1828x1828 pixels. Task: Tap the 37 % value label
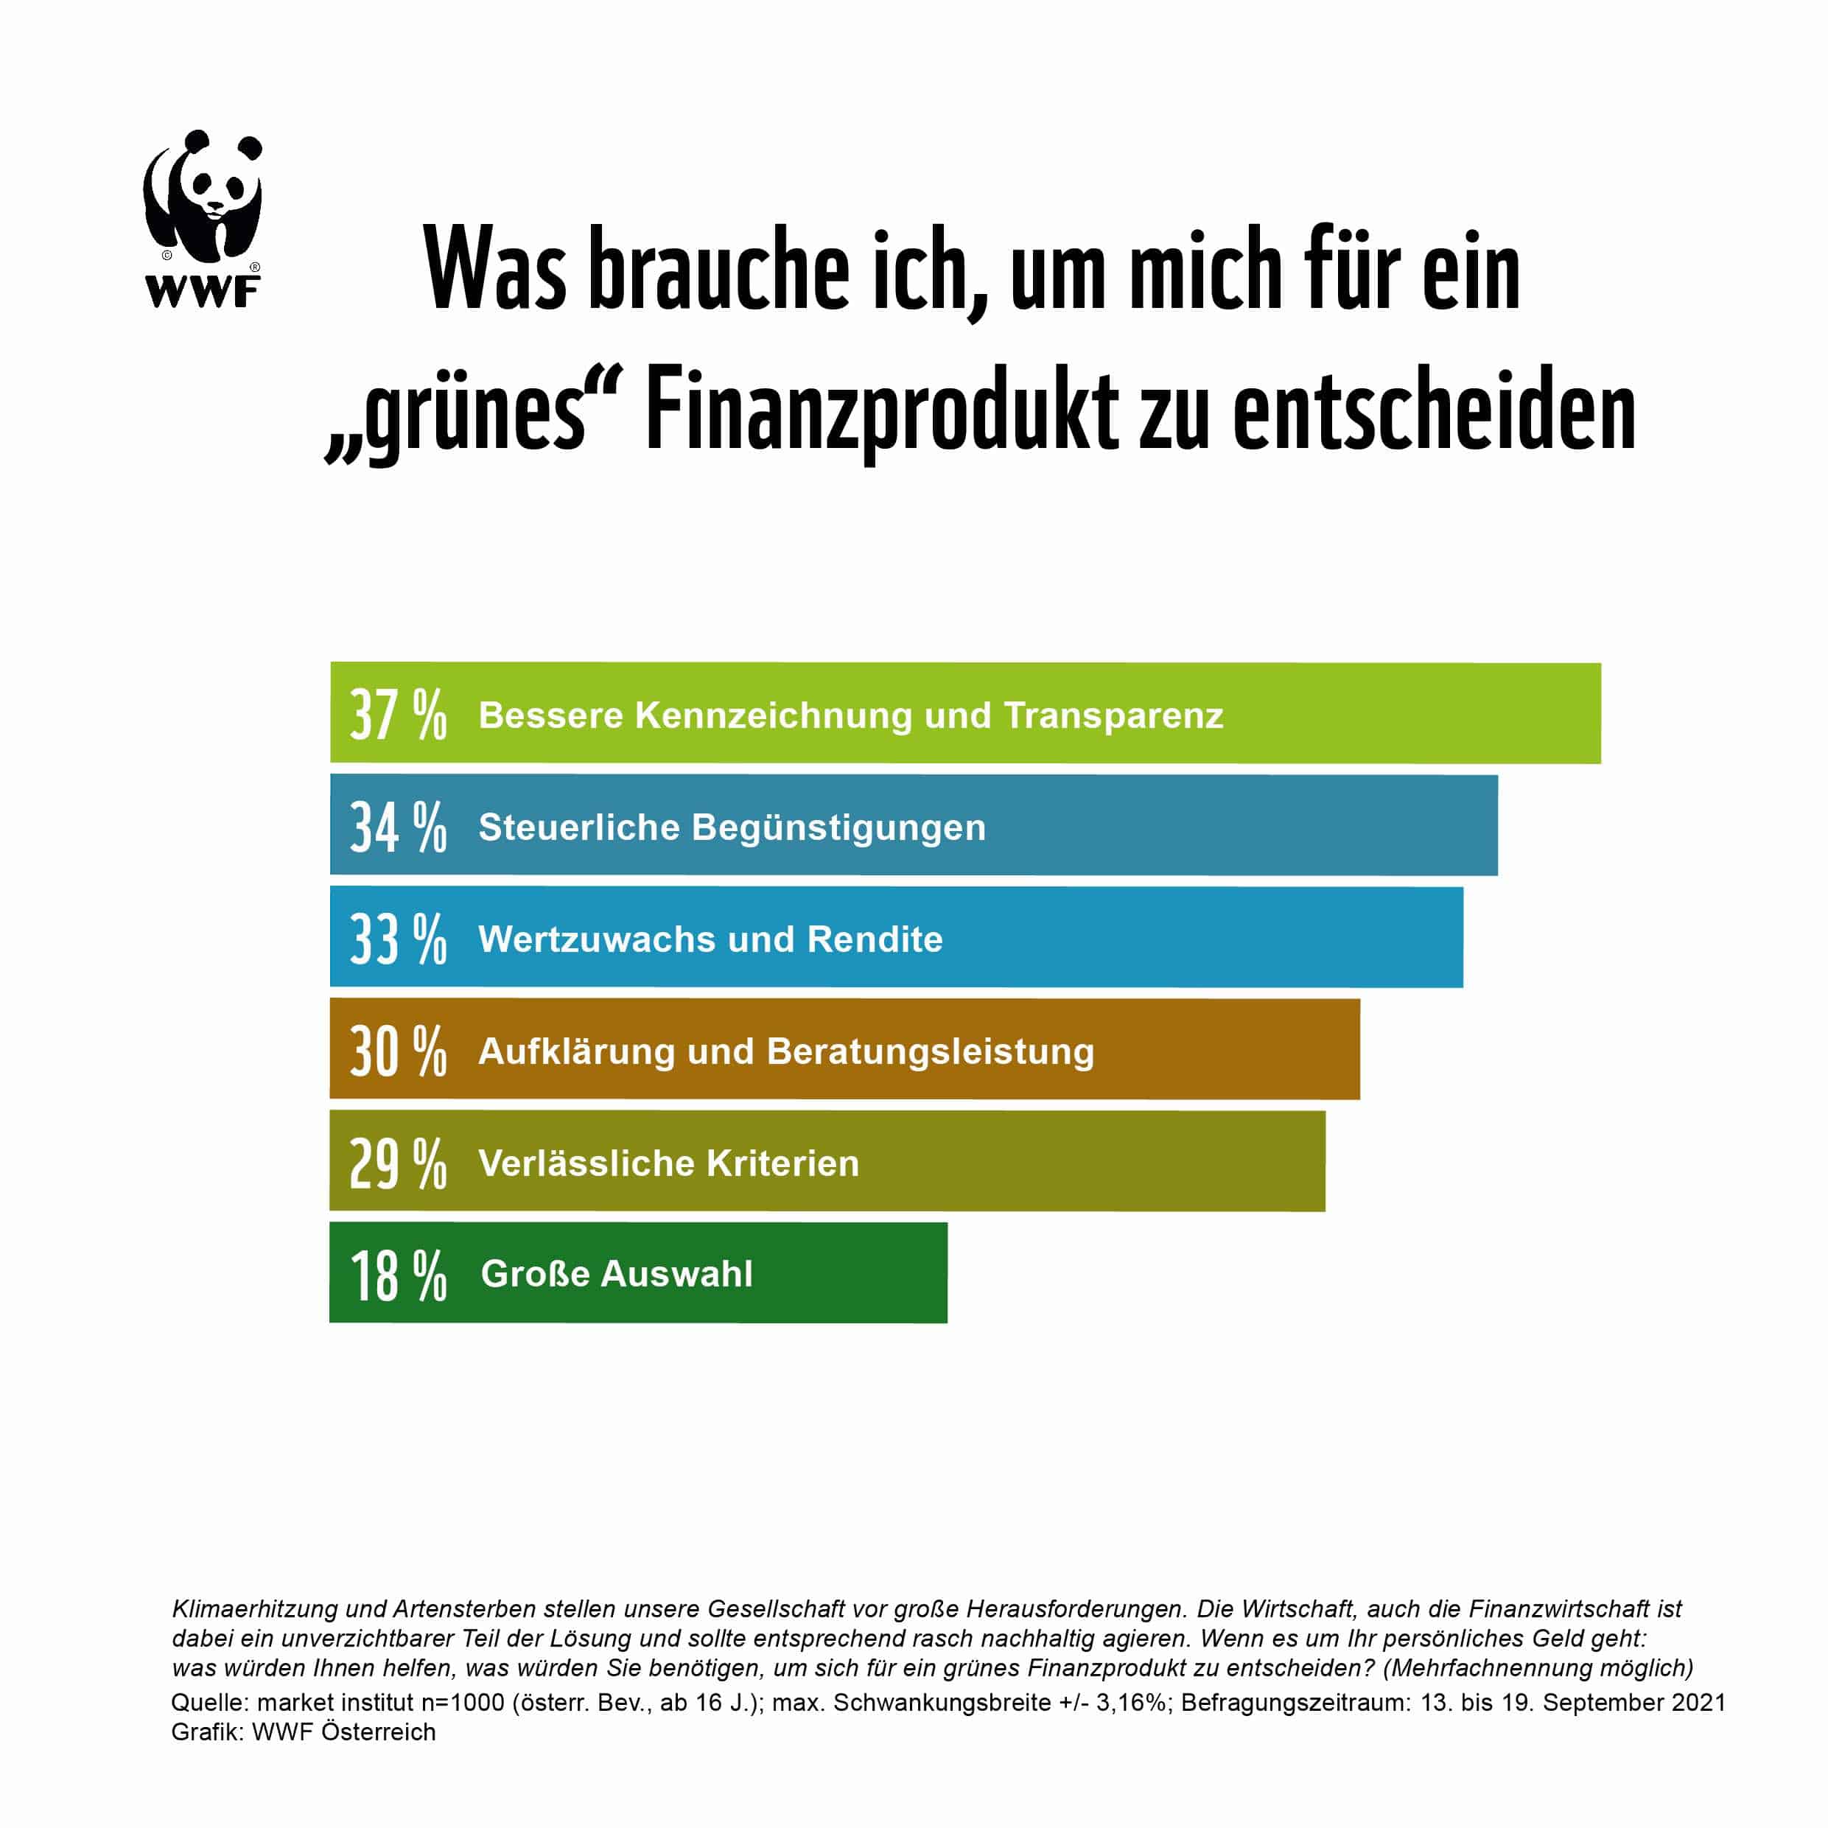click(397, 715)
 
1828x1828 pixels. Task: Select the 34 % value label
click(397, 826)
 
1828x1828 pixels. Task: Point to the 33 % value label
click(397, 939)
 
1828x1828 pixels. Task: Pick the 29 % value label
click(397, 1163)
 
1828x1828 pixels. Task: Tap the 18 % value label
click(397, 1275)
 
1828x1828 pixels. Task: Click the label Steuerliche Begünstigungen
click(732, 827)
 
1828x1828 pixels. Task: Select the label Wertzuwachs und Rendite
click(710, 939)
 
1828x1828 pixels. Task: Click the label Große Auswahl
click(617, 1273)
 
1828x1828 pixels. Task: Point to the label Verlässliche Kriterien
click(669, 1163)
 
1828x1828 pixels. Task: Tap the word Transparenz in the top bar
click(1113, 715)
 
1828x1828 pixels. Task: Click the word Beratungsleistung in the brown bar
click(930, 1051)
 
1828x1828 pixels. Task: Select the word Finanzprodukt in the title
click(882, 413)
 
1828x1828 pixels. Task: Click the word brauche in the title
click(719, 270)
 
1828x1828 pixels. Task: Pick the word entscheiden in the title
click(1435, 413)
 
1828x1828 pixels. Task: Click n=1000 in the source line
click(463, 1702)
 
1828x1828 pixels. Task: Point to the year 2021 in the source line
click(1698, 1702)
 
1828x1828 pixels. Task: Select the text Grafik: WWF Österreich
click(303, 1731)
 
